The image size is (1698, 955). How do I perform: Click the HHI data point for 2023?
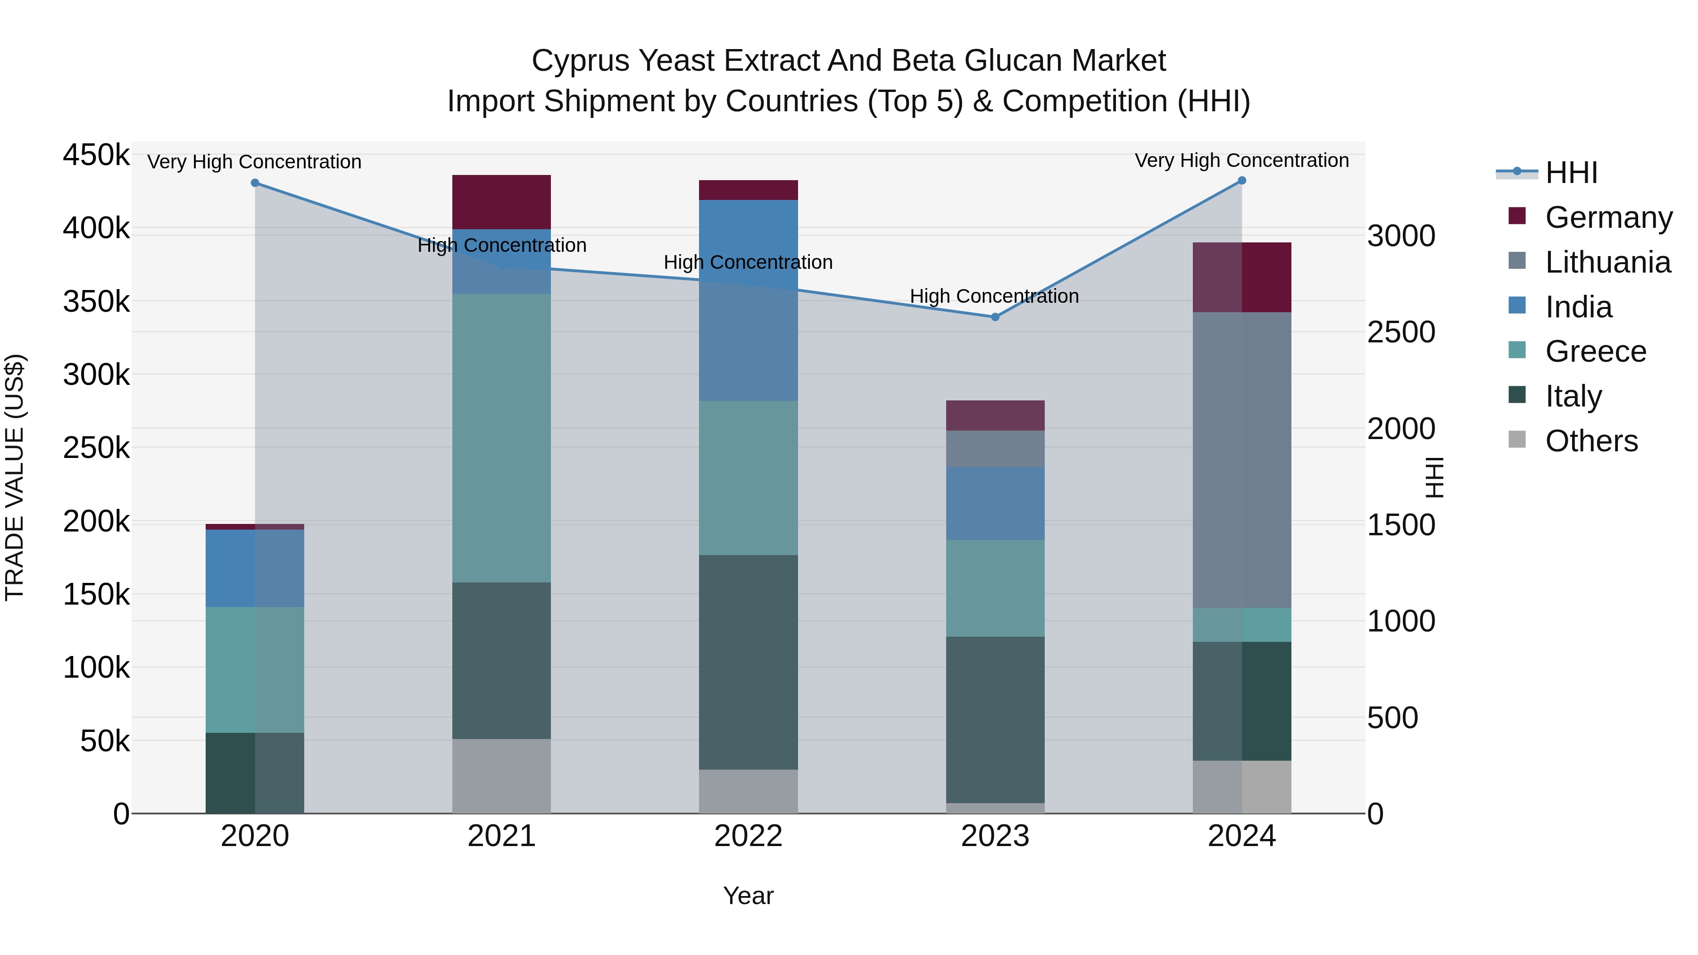click(995, 317)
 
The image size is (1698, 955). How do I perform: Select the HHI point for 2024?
click(1242, 181)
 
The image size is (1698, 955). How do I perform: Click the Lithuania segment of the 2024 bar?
click(1242, 459)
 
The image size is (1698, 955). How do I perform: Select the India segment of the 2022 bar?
click(748, 300)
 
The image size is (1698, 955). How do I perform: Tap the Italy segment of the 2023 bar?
click(995, 719)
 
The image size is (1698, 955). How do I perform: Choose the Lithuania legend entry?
click(1607, 262)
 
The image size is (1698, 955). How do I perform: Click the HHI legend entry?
click(1572, 173)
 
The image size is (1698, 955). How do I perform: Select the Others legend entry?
click(1591, 441)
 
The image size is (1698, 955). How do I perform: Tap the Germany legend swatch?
click(1517, 216)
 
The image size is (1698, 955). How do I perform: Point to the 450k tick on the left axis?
click(96, 156)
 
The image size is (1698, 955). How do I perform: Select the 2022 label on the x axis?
click(748, 836)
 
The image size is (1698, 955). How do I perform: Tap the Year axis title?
click(748, 896)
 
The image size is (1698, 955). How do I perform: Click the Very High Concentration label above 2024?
click(1242, 160)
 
